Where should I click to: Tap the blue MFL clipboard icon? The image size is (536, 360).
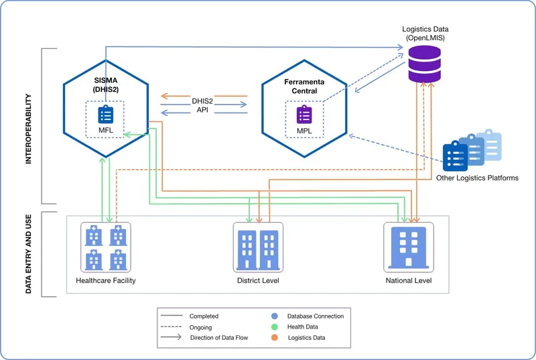pyautogui.click(x=106, y=115)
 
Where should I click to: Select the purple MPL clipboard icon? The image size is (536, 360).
pyautogui.click(x=304, y=115)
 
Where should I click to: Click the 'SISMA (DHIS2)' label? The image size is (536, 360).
pyautogui.click(x=106, y=84)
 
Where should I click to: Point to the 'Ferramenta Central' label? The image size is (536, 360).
pyautogui.click(x=304, y=86)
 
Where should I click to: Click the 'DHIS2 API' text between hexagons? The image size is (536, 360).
pyautogui.click(x=202, y=105)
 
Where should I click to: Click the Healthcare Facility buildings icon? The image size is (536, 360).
pyautogui.click(x=106, y=247)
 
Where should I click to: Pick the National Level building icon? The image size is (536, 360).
pyautogui.click(x=408, y=247)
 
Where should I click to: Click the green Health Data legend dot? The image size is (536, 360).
pyautogui.click(x=275, y=326)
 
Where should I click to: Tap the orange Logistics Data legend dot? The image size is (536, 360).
pyautogui.click(x=275, y=338)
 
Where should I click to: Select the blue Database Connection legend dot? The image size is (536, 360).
pyautogui.click(x=275, y=316)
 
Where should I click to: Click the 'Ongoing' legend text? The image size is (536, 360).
pyautogui.click(x=200, y=327)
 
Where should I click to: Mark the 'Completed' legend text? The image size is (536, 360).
pyautogui.click(x=204, y=316)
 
